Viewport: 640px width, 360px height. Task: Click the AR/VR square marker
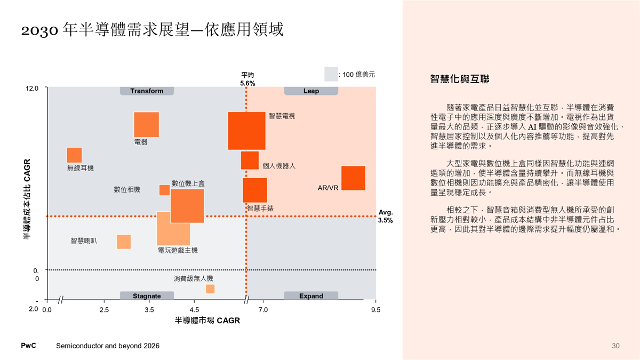[353, 178]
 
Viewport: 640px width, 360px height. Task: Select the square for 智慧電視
[246, 131]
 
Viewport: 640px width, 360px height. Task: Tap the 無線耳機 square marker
[74, 155]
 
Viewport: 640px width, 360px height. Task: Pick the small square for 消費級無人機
[210, 289]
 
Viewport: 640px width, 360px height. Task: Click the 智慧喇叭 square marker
[124, 242]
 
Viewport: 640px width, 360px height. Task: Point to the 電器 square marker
[146, 125]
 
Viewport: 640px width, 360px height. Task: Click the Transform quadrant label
[147, 91]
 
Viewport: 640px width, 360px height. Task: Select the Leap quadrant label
[311, 91]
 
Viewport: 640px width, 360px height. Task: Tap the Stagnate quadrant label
[147, 296]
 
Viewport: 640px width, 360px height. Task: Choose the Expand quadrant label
[311, 296]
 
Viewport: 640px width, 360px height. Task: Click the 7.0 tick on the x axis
[263, 309]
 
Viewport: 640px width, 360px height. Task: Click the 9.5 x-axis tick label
[376, 309]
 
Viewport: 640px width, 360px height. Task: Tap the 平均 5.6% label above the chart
[247, 79]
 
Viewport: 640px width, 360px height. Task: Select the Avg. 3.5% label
[386, 216]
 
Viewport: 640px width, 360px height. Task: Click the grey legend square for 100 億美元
[331, 74]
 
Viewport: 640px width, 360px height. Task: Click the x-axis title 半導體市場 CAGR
[207, 321]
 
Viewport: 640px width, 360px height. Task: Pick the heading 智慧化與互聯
[460, 79]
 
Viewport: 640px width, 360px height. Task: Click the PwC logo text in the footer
[28, 346]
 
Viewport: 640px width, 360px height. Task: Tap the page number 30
[615, 346]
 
